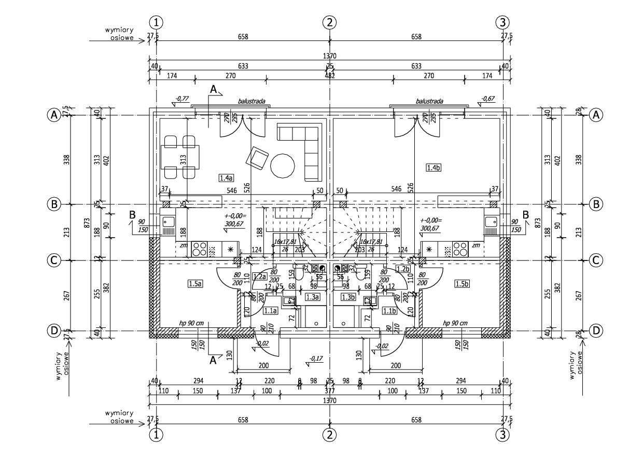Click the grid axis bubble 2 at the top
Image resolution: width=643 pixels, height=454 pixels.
click(329, 22)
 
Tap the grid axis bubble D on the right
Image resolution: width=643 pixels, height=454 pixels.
click(596, 330)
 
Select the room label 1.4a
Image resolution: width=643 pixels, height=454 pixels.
click(226, 178)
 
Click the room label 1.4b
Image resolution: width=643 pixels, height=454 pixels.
click(433, 168)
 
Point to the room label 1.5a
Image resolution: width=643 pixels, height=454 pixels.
click(195, 283)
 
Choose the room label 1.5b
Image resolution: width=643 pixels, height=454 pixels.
click(462, 284)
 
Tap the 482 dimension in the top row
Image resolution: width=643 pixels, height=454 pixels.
click(330, 76)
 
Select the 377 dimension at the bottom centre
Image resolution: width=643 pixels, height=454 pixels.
click(330, 390)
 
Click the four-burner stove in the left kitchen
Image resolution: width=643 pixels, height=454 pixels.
click(199, 250)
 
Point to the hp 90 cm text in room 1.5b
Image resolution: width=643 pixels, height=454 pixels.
click(454, 322)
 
